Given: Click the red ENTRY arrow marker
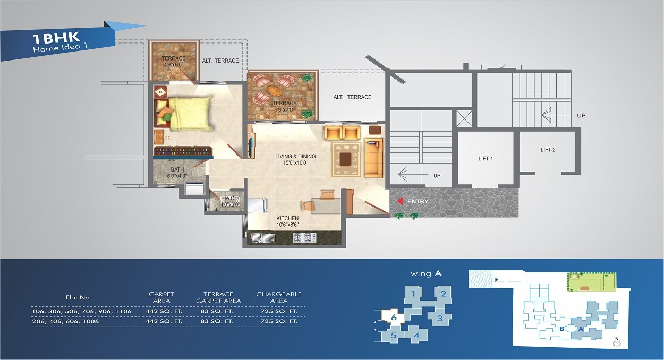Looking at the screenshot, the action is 400,201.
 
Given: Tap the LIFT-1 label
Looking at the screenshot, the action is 486,159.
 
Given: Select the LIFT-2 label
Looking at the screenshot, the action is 548,150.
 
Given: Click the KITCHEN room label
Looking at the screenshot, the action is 287,218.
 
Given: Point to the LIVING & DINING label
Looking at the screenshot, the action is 295,156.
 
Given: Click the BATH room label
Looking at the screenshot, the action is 177,169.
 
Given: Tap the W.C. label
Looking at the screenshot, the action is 229,198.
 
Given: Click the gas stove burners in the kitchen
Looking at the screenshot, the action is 304,237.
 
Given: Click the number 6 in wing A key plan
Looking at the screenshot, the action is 394,318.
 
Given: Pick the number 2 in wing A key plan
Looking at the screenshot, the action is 443,294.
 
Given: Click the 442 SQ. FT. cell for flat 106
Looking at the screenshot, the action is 164,311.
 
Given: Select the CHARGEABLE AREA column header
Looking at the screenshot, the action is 279,297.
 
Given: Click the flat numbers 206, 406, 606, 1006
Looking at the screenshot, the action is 65,321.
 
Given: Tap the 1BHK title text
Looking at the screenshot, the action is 56,38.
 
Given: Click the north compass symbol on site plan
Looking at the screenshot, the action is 617,343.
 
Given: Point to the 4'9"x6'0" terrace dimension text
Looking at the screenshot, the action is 174,65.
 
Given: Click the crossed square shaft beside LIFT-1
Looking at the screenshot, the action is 464,118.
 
